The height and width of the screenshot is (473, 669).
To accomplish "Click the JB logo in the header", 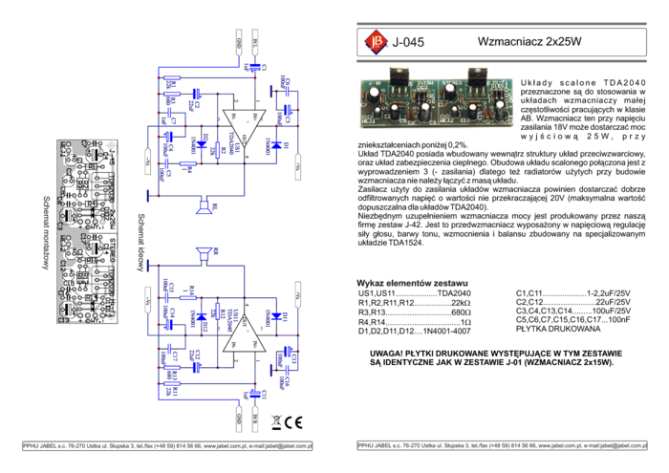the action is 376,42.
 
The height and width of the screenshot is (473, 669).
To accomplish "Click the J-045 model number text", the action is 408,42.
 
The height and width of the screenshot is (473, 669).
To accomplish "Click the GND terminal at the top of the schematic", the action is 239,43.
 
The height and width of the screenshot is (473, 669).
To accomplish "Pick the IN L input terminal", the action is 256,43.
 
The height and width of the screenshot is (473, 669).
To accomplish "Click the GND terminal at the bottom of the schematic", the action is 239,418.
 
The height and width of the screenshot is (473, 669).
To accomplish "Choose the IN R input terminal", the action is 256,418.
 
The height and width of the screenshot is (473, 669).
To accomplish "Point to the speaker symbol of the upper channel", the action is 204,206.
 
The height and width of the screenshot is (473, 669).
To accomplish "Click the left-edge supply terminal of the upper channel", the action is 147,161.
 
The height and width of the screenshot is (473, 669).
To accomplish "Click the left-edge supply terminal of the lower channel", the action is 147,298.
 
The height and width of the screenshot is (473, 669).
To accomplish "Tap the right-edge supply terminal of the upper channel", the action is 297,164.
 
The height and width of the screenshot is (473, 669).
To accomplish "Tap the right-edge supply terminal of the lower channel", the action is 297,295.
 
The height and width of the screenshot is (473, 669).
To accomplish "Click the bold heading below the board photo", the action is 412,283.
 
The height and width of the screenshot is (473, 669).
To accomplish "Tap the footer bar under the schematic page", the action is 167,446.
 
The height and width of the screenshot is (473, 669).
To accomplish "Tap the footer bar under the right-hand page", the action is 502,446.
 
